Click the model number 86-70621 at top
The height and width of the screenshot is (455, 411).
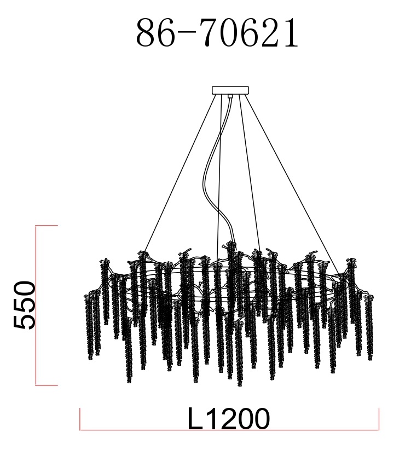click(x=217, y=32)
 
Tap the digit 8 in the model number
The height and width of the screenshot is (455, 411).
click(x=146, y=33)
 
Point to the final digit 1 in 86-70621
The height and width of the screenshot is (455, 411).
click(x=291, y=33)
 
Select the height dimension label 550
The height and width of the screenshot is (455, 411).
click(x=25, y=304)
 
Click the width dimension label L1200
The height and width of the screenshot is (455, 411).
click(x=229, y=418)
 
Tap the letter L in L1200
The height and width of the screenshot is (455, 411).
click(x=195, y=418)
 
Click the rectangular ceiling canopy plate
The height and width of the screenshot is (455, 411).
click(x=230, y=90)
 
